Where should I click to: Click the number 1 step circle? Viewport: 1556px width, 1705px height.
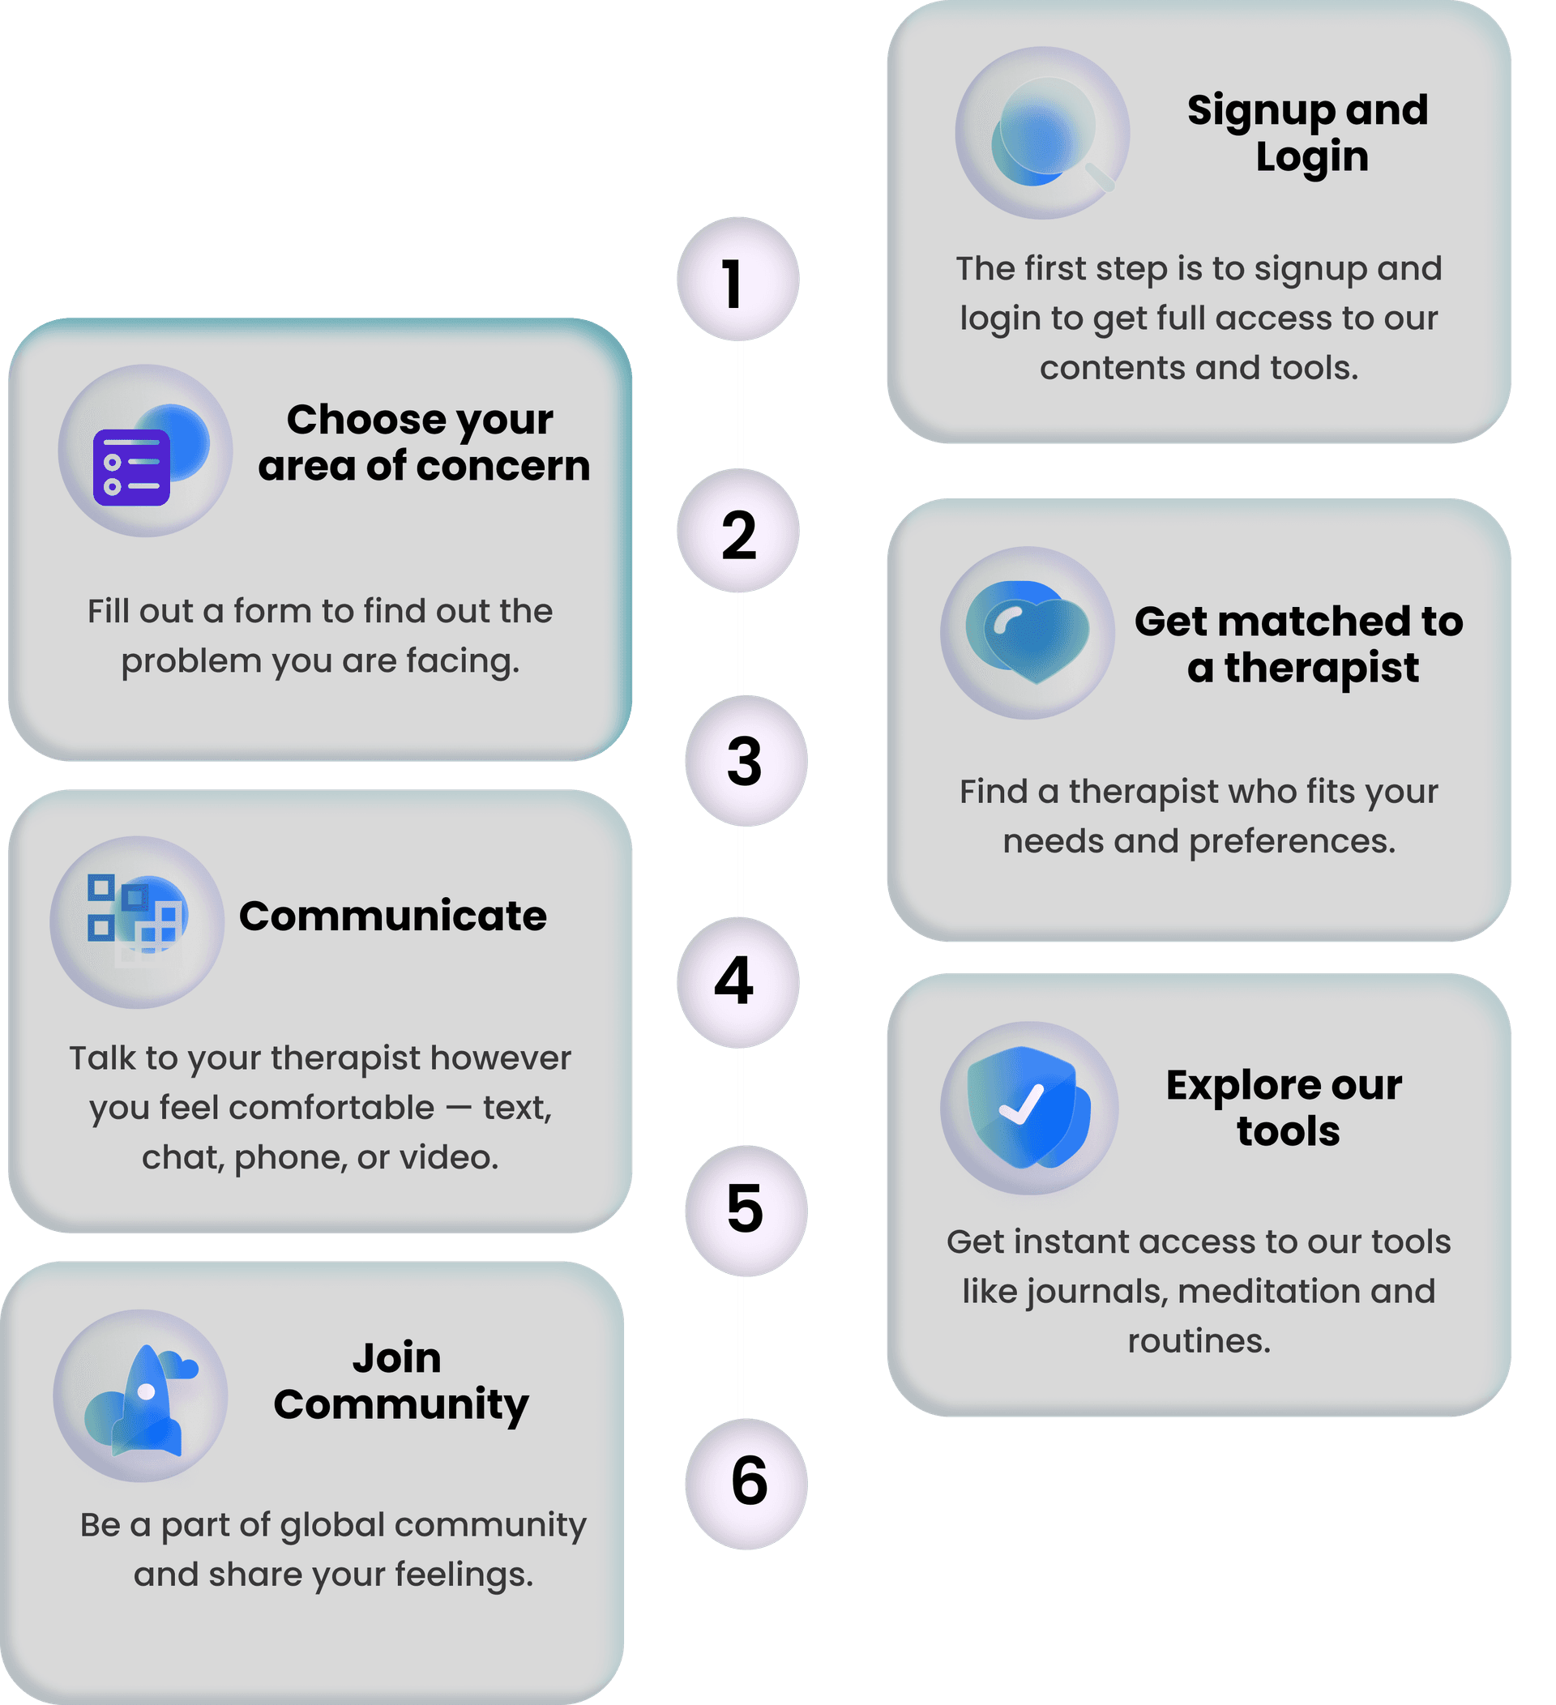(x=737, y=279)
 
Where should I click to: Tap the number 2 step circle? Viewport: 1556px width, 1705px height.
(x=737, y=530)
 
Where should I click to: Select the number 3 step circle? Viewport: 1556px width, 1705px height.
(x=746, y=760)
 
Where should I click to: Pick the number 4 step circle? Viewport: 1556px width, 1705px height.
(x=737, y=982)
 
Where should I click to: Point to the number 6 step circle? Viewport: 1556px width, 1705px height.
(x=746, y=1484)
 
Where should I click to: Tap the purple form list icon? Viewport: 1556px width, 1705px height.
(x=131, y=467)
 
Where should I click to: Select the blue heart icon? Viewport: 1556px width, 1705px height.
(x=1028, y=631)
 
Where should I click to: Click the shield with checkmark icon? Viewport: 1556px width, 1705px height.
(x=1028, y=1107)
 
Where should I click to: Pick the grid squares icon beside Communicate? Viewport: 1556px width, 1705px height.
(x=135, y=917)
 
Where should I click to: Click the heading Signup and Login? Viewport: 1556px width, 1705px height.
(x=1308, y=134)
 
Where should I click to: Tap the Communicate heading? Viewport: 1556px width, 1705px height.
(x=392, y=916)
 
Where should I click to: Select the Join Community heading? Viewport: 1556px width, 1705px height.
(x=400, y=1382)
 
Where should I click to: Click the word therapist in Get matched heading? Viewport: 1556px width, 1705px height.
(x=1322, y=668)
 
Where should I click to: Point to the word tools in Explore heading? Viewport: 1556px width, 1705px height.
(x=1288, y=1131)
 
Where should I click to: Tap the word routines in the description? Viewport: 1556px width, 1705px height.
(x=1199, y=1342)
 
